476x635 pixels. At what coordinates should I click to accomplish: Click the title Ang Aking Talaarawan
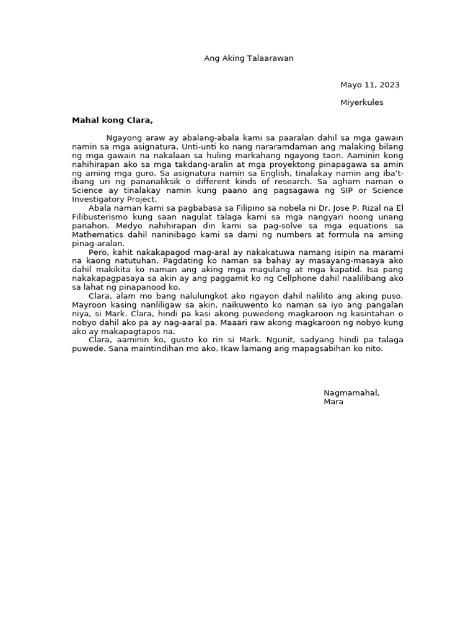(x=249, y=58)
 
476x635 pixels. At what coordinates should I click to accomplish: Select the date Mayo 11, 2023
(x=370, y=85)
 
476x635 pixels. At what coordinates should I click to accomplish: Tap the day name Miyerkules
(x=362, y=102)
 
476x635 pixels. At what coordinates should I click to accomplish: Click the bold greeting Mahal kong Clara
(x=112, y=120)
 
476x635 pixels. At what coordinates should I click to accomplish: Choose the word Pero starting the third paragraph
(x=99, y=252)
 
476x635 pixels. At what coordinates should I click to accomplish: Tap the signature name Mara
(x=333, y=402)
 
